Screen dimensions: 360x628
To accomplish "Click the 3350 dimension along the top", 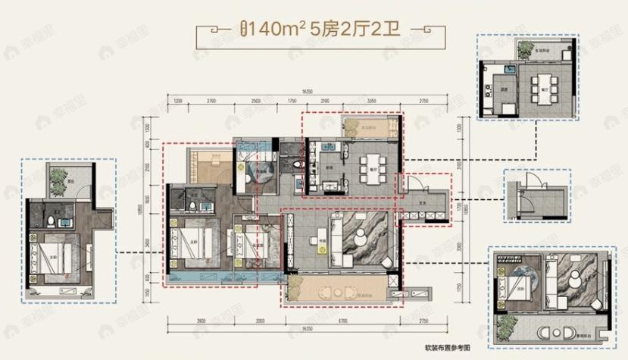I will [372, 100].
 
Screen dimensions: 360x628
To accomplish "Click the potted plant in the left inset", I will [59, 179].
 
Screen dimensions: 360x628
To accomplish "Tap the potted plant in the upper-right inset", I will [525, 49].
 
